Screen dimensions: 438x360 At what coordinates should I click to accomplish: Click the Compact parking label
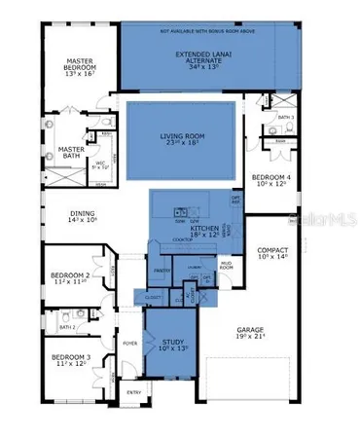(x=273, y=251)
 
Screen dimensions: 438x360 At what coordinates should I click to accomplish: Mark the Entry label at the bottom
(x=133, y=392)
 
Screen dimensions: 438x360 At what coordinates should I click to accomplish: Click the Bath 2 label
(x=66, y=327)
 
